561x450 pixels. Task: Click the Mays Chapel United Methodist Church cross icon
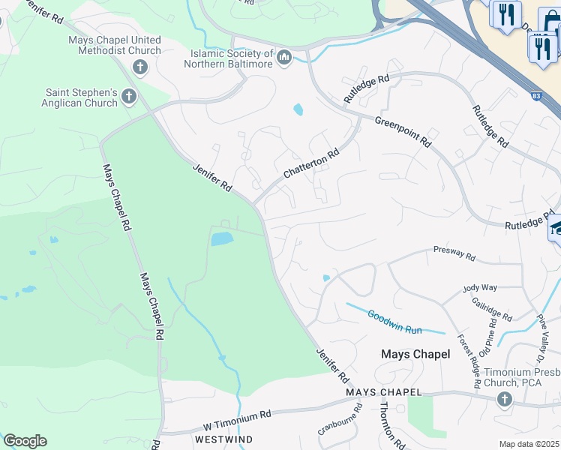tap(140, 67)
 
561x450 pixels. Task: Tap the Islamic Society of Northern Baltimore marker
tap(284, 58)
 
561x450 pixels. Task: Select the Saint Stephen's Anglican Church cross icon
tap(129, 96)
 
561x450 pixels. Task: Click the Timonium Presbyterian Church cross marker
tap(503, 398)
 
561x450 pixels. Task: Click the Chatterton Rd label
tap(310, 163)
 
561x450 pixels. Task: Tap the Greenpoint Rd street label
tap(403, 130)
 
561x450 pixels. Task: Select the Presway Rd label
tap(454, 255)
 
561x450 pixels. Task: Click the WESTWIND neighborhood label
tap(223, 438)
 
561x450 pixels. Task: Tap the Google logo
tap(24, 441)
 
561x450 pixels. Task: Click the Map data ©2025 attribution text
tap(529, 444)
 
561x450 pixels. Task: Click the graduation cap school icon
tap(555, 227)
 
